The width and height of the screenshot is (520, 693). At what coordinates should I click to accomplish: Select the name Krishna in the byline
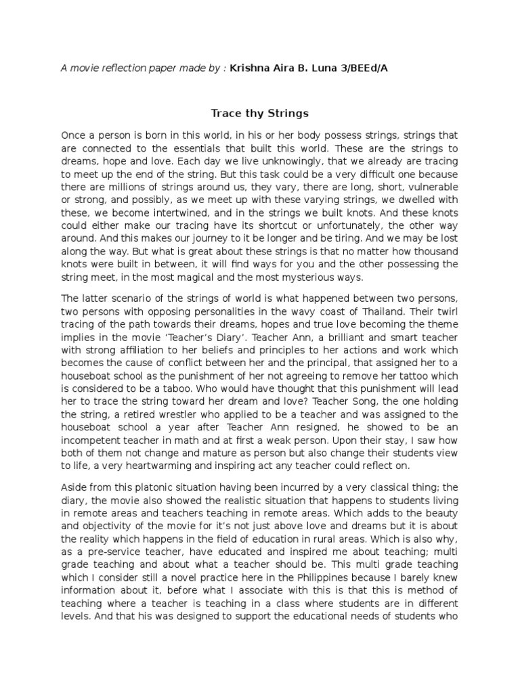[x=252, y=68]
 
